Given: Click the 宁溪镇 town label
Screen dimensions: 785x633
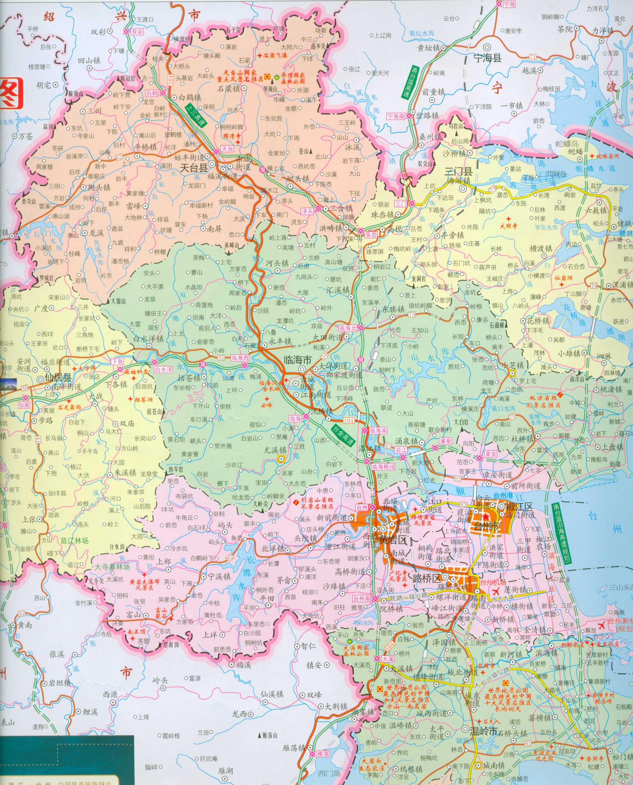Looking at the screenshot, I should click(219, 577).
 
